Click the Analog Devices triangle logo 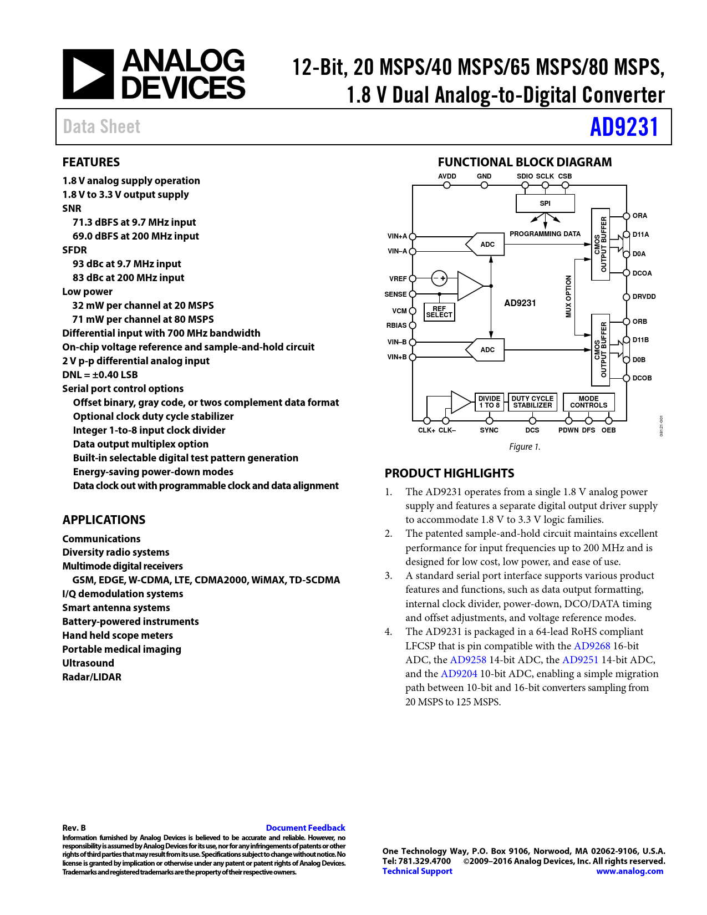pyautogui.click(x=88, y=74)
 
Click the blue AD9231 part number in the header pyautogui.click(x=624, y=127)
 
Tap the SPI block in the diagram pyautogui.click(x=545, y=204)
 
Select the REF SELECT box pyautogui.click(x=439, y=312)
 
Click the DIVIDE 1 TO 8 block pyautogui.click(x=489, y=401)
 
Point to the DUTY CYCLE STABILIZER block pyautogui.click(x=532, y=401)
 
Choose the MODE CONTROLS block pyautogui.click(x=588, y=401)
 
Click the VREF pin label pyautogui.click(x=398, y=279)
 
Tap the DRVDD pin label pyautogui.click(x=644, y=297)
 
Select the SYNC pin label pyautogui.click(x=489, y=430)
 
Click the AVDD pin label pyautogui.click(x=447, y=176)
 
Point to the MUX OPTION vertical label pyautogui.click(x=568, y=297)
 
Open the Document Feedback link pyautogui.click(x=306, y=827)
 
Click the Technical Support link pyautogui.click(x=417, y=871)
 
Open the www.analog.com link pyautogui.click(x=629, y=871)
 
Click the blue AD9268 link pyautogui.click(x=592, y=645)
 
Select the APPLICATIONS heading pyautogui.click(x=104, y=520)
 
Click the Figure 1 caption pyautogui.click(x=524, y=446)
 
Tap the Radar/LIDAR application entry pyautogui.click(x=92, y=677)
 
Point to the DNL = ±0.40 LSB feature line pyautogui.click(x=100, y=374)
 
